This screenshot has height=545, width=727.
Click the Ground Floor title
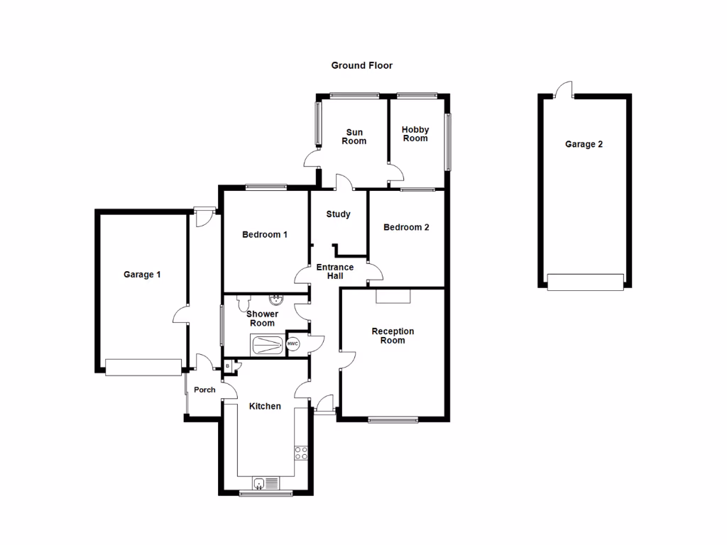361,65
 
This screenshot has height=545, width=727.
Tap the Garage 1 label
142,275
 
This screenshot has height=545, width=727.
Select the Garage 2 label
584,144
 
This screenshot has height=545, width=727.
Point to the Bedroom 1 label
264,235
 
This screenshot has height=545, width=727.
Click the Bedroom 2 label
406,228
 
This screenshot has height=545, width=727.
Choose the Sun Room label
354,136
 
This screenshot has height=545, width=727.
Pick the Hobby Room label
415,133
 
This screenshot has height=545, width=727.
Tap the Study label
338,214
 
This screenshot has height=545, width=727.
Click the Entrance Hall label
334,272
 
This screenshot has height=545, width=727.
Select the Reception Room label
393,336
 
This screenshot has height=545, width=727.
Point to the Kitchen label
265,407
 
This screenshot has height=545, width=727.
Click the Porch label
204,390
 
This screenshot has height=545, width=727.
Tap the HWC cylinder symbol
293,344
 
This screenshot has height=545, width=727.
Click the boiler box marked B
228,366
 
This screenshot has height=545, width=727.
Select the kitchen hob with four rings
301,453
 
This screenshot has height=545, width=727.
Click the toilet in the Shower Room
244,305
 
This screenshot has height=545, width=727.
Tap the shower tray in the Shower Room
267,345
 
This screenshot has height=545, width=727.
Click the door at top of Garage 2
564,89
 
